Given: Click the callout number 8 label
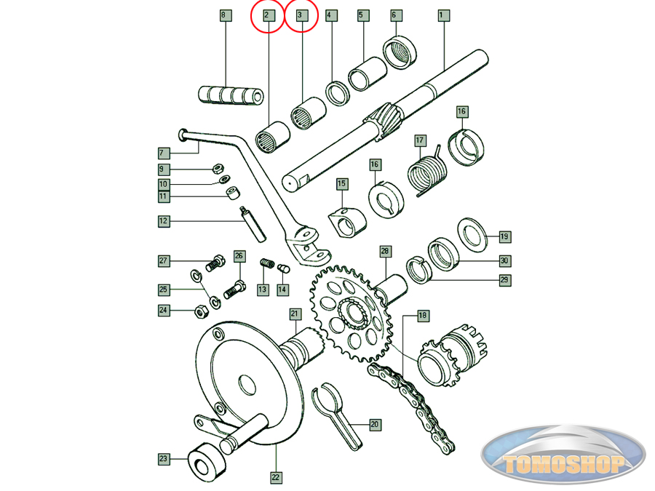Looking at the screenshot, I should pos(224,15).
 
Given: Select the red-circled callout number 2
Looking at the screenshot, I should pos(267,15).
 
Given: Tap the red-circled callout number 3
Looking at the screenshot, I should pos(300,15).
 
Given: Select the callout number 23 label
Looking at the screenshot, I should pos(163,459).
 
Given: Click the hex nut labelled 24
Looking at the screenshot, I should pos(199,311).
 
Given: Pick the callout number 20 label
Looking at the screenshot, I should pos(375,423).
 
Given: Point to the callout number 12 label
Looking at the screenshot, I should pos(163,220).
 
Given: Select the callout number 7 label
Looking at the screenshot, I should pos(163,153).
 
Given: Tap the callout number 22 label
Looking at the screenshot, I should pos(277,479).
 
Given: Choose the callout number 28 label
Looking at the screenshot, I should pos(385,251).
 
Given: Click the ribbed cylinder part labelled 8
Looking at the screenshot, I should pos(231,95).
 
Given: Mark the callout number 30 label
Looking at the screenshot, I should pos(504,260).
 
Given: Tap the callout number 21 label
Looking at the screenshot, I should pos(295,314).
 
